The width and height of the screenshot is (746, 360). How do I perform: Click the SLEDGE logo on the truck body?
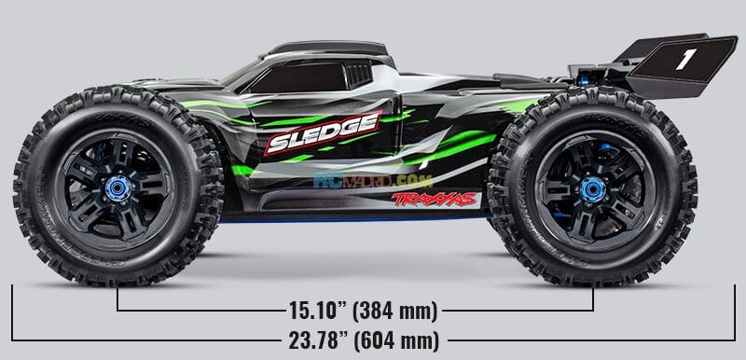click(x=322, y=132)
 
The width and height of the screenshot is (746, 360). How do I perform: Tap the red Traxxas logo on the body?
click(x=435, y=199)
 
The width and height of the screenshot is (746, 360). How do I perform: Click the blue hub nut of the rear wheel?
click(x=591, y=188)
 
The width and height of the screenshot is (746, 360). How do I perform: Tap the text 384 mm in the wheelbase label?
click(x=395, y=308)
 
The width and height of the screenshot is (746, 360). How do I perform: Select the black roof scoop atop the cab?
click(x=326, y=48)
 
